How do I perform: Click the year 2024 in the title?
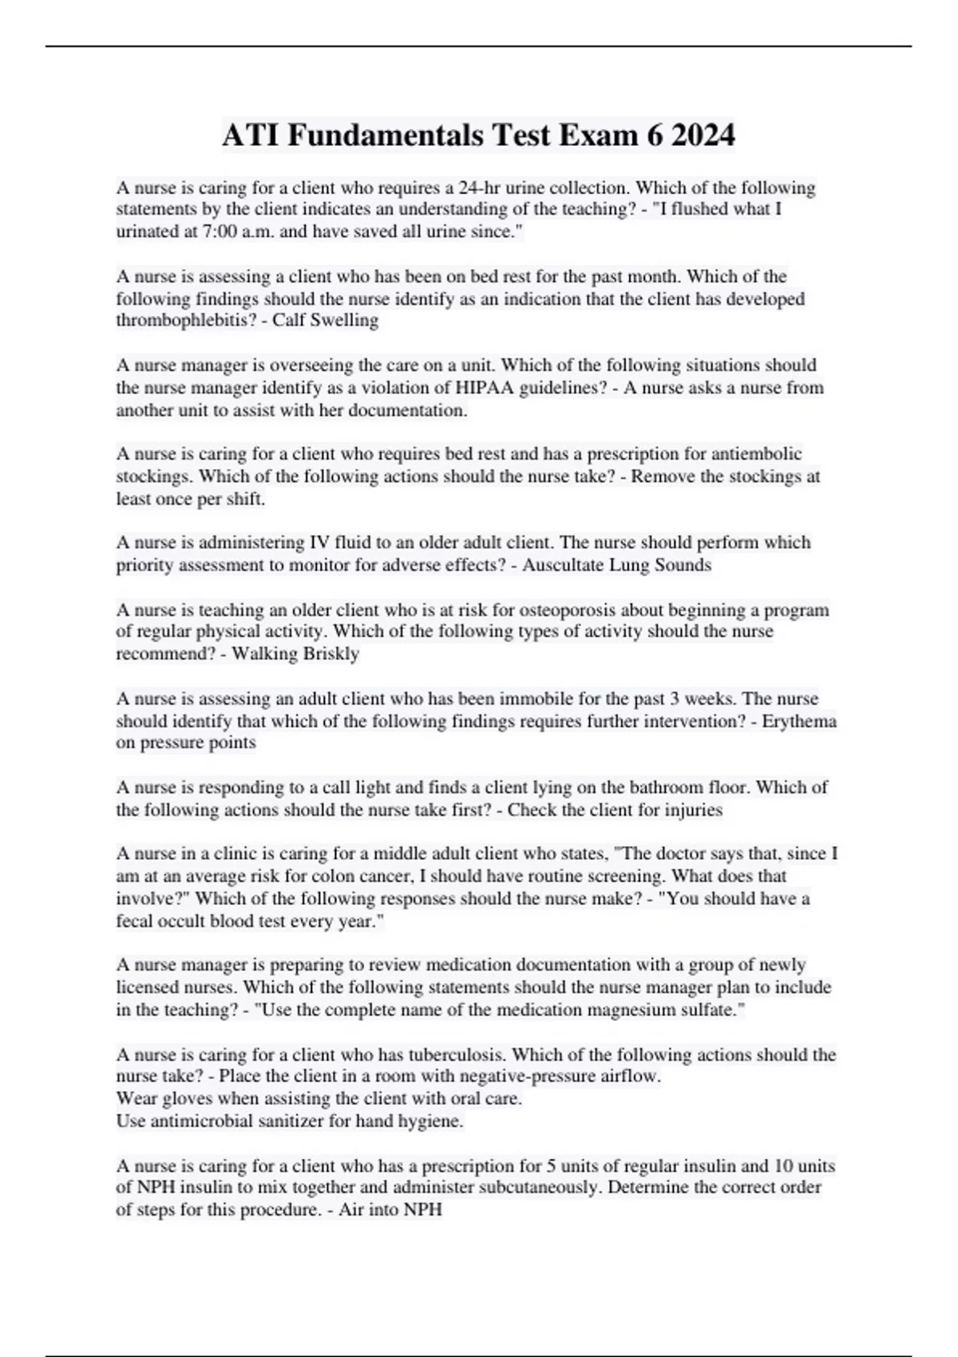[703, 136]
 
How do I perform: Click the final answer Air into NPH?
[390, 1209]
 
